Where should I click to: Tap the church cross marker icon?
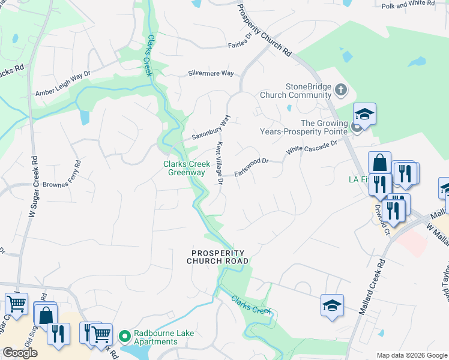click(x=341, y=91)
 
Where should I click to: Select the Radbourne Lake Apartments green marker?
click(x=125, y=335)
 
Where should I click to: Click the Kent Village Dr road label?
click(x=219, y=161)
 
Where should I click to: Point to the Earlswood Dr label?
click(x=250, y=164)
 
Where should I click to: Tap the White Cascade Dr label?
click(x=312, y=146)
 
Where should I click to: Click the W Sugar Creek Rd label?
click(x=33, y=187)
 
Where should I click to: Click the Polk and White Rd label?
click(x=408, y=4)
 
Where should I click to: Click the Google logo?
click(x=20, y=353)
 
